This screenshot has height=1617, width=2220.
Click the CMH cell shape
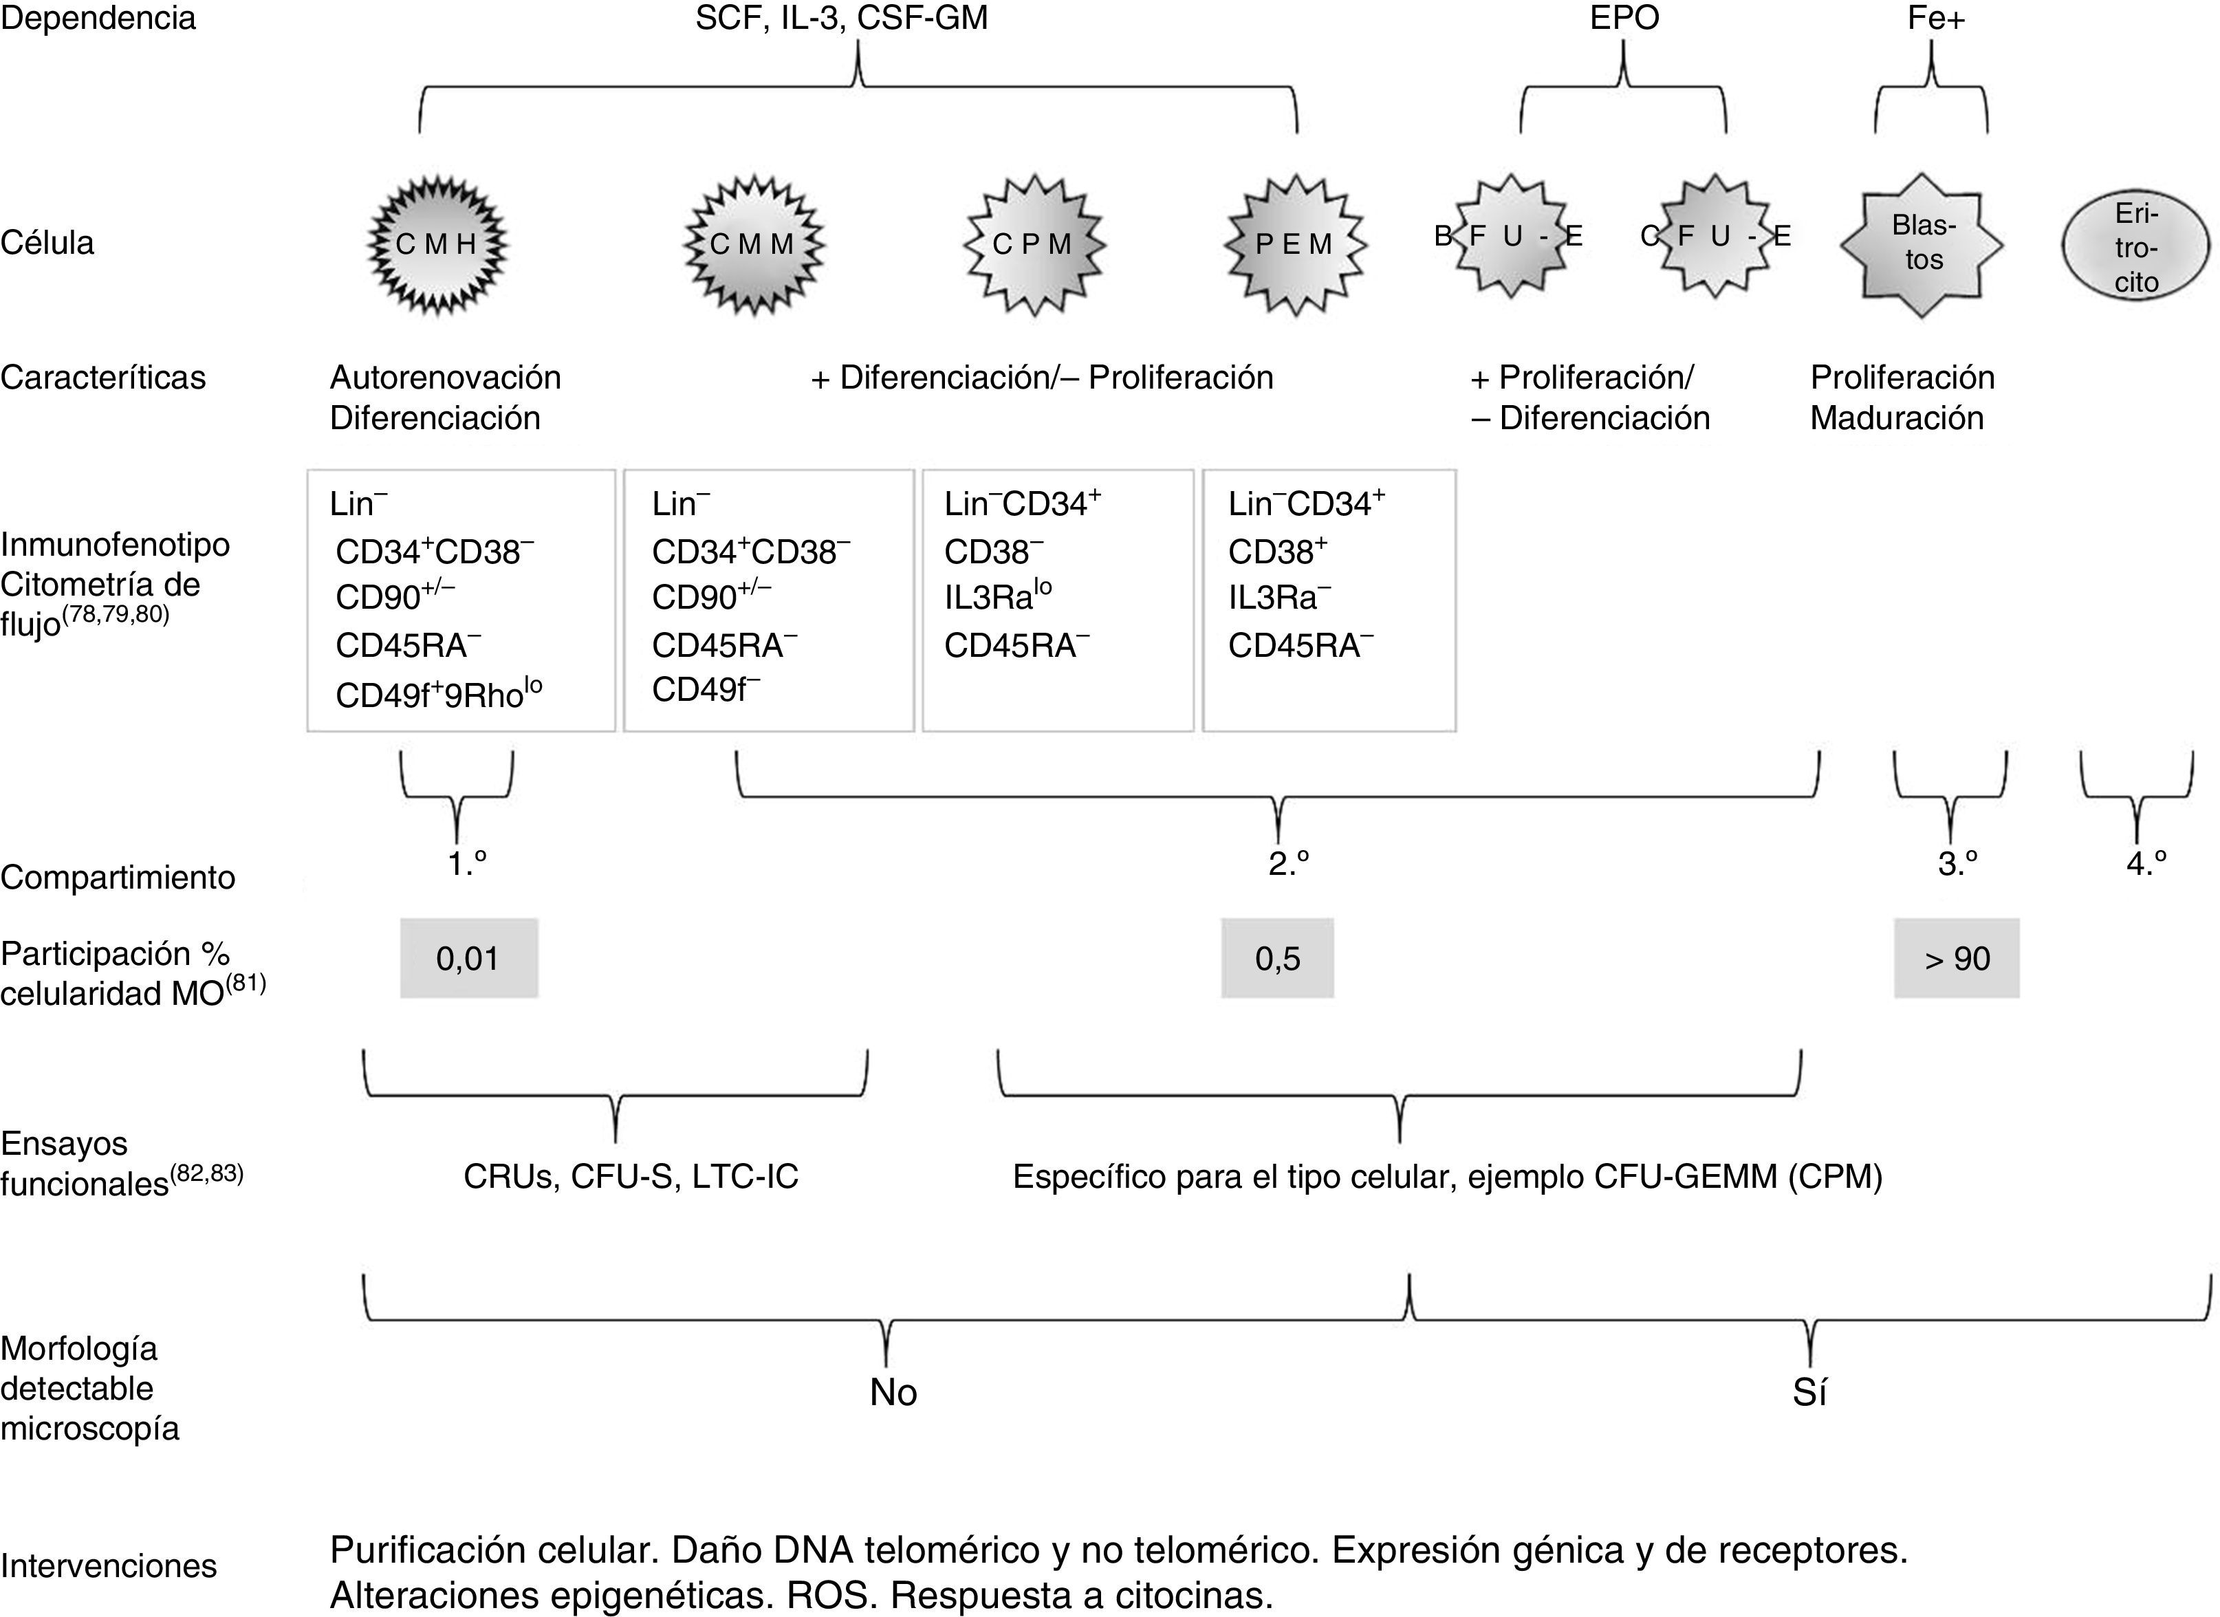pos(437,245)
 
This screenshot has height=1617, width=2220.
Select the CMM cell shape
pos(752,245)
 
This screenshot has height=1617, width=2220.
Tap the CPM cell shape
pos(1034,245)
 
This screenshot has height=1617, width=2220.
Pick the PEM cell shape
pos(1294,245)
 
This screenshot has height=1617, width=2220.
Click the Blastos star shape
pos(1922,245)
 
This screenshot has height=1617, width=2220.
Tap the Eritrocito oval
pos(2136,248)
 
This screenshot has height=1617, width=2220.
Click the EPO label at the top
pos(1624,19)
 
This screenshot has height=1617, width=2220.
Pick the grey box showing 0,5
pos(1277,958)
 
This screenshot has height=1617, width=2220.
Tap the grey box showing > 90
pos(1956,958)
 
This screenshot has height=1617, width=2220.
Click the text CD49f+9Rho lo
pos(439,694)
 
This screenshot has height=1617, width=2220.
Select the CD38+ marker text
pos(1277,552)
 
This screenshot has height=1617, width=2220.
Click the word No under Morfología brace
pos(893,1392)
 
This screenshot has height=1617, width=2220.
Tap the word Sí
pos(1809,1392)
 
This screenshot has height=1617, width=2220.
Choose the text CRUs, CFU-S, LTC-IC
pos(631,1175)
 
